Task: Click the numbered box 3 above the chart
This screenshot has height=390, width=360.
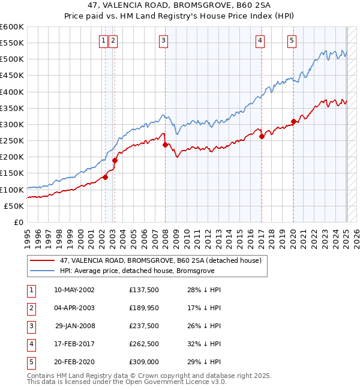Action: (163, 41)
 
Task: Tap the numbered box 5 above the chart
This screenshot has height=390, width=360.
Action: (292, 41)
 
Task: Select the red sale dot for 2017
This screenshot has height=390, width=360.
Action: (262, 136)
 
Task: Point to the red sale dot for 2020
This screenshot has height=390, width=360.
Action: (293, 121)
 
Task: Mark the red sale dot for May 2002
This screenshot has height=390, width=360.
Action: (105, 177)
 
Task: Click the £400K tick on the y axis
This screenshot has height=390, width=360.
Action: (13, 92)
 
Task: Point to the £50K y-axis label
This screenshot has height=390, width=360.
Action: (14, 206)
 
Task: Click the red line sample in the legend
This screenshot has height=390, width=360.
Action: (43, 261)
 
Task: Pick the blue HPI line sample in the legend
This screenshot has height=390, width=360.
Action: (43, 271)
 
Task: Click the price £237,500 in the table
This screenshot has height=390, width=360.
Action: (143, 326)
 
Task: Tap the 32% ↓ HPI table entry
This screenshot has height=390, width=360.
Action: (205, 344)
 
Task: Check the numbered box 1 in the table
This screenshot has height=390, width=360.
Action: (30, 290)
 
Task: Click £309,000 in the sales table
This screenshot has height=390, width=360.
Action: (143, 362)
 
